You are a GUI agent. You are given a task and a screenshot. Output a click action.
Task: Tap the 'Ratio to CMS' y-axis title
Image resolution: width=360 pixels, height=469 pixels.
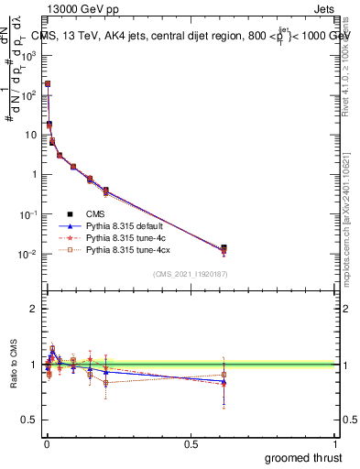click(13, 364)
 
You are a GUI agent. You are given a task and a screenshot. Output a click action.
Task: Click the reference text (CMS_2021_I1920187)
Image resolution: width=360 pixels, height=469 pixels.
click(190, 274)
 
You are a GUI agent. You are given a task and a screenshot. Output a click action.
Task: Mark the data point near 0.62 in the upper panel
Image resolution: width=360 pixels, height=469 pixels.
click(224, 248)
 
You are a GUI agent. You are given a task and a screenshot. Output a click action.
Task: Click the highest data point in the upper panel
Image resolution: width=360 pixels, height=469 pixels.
click(48, 83)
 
